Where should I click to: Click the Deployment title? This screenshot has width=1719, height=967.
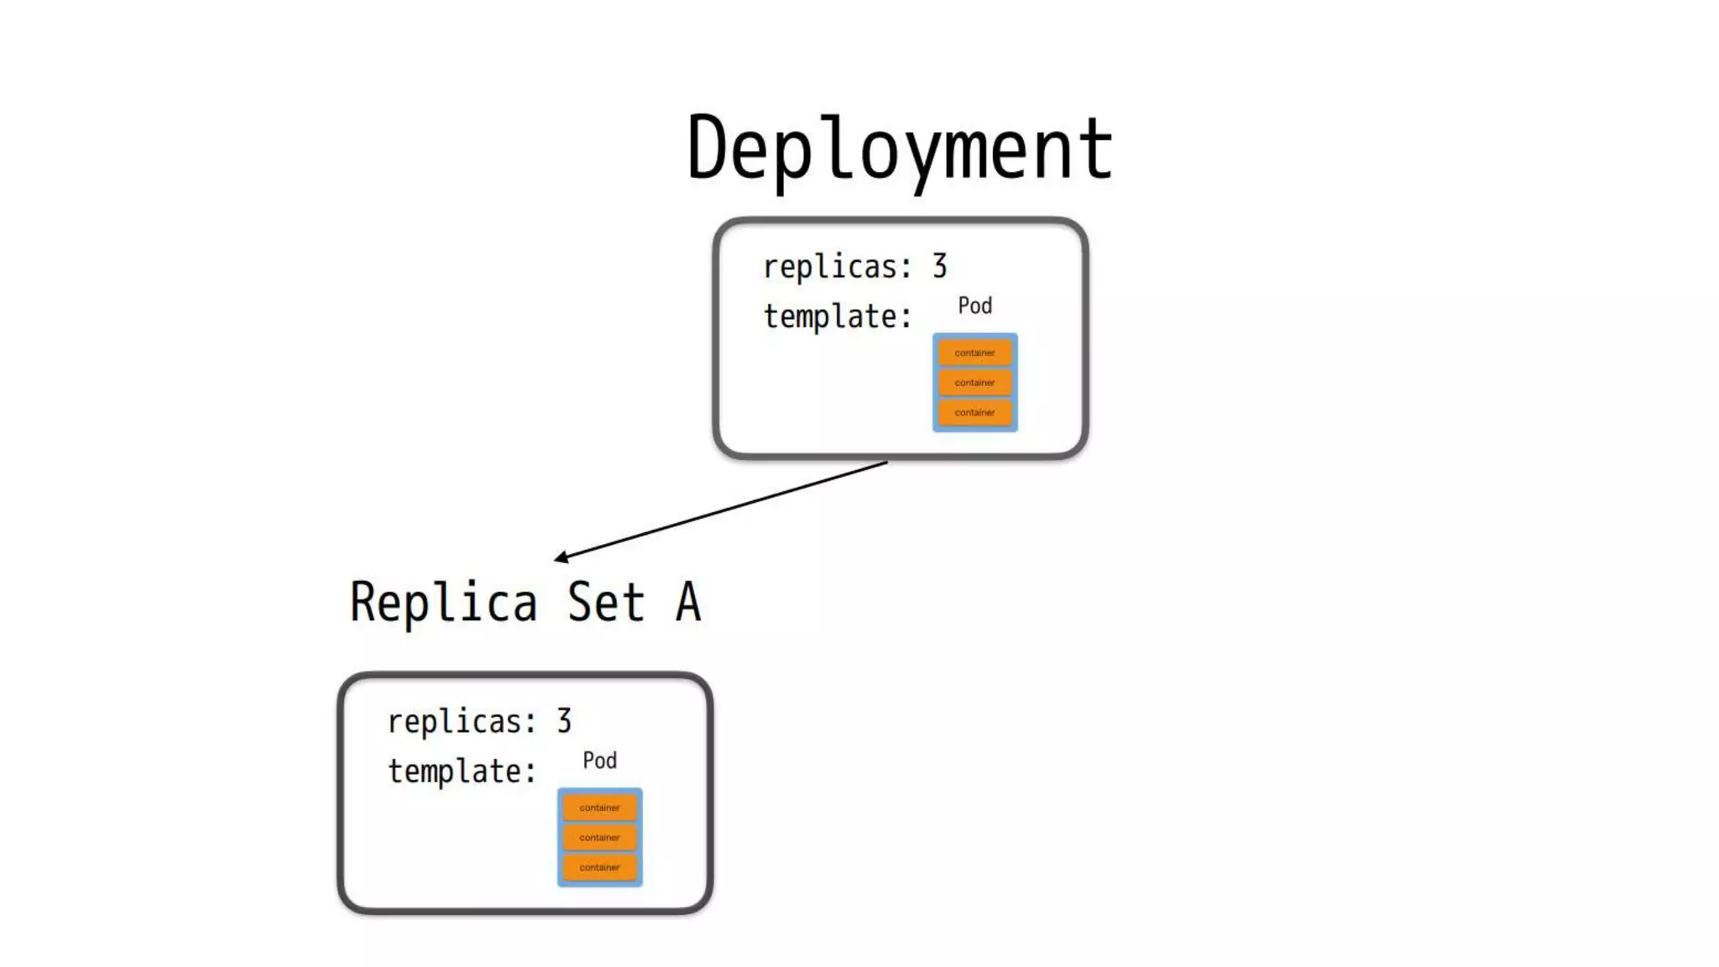click(900, 149)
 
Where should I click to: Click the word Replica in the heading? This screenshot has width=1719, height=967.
click(443, 602)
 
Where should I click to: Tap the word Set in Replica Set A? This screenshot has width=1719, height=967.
click(605, 602)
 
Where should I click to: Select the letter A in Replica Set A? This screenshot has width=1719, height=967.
click(687, 602)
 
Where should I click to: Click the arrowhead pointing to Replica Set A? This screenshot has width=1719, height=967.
click(560, 557)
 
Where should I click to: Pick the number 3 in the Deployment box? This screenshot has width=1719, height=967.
click(939, 266)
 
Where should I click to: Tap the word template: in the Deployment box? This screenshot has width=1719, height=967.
click(837, 316)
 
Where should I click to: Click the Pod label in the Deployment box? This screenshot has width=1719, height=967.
click(974, 306)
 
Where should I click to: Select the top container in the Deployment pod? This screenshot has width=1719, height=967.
click(974, 353)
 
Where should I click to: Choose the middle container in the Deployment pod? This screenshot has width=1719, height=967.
click(974, 383)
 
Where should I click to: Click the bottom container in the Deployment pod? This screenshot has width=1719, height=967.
click(974, 412)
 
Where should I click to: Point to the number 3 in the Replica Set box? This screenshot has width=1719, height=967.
click(564, 721)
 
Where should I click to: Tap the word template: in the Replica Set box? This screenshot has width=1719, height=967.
click(462, 771)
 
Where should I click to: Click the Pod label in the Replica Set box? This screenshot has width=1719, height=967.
click(599, 761)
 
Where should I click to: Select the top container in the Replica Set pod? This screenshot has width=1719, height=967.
click(599, 808)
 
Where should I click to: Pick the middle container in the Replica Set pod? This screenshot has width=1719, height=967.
click(599, 838)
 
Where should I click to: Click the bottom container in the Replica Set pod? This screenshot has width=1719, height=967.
click(599, 867)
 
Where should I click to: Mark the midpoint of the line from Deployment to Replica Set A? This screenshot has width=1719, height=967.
click(721, 510)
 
